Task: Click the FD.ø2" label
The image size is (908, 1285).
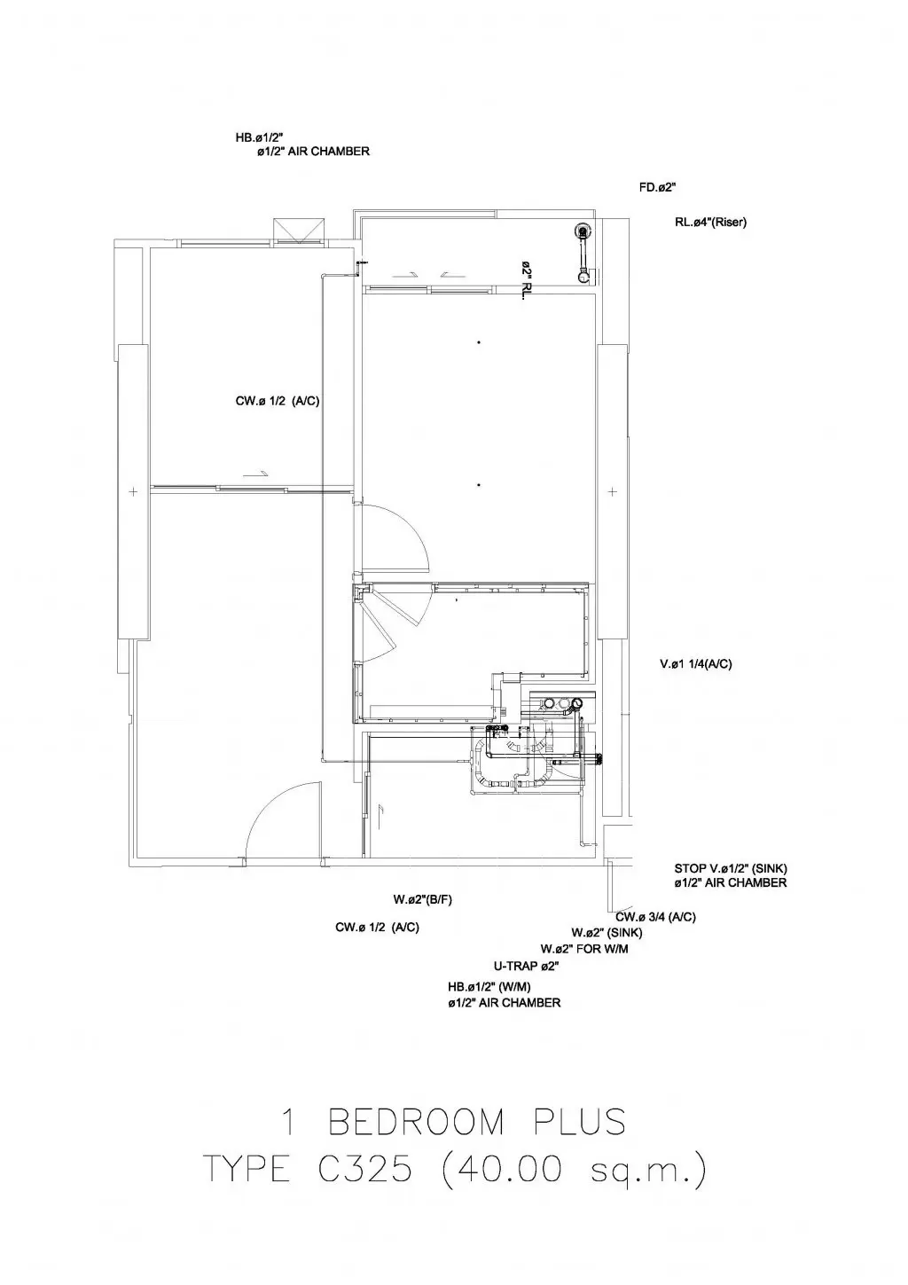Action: (x=657, y=187)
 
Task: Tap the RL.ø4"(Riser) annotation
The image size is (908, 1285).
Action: (x=710, y=222)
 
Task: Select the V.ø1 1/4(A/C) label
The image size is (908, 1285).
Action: (x=695, y=664)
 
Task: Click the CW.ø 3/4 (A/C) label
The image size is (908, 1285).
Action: (x=655, y=917)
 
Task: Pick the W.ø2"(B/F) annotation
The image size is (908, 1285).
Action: (x=422, y=899)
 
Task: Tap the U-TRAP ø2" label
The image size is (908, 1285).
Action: (x=526, y=966)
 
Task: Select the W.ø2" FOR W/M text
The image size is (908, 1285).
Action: (x=584, y=949)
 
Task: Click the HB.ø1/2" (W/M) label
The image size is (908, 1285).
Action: (x=489, y=987)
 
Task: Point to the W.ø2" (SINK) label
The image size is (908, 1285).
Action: (x=607, y=933)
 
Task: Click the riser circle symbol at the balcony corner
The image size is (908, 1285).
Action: (x=583, y=231)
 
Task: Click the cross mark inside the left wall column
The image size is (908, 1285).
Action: (x=133, y=491)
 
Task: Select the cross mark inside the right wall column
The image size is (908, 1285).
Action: (x=612, y=491)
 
